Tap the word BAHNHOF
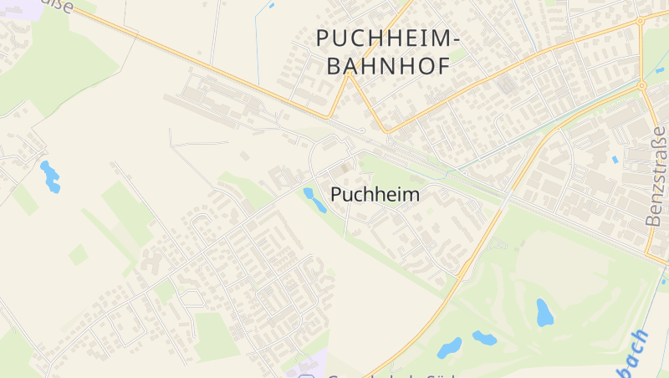[x=386, y=66]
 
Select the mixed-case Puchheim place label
[x=375, y=194]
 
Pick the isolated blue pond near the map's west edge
[x=50, y=176]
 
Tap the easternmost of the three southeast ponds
[x=544, y=312]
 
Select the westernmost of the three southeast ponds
[x=449, y=346]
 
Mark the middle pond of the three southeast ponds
[x=484, y=338]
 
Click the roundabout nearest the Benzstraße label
[x=642, y=85]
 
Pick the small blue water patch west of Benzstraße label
[x=615, y=159]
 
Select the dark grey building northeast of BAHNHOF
[x=504, y=85]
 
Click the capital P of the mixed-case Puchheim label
[x=337, y=194]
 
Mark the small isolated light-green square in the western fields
[x=78, y=254]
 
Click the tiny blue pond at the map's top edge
[x=271, y=5]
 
